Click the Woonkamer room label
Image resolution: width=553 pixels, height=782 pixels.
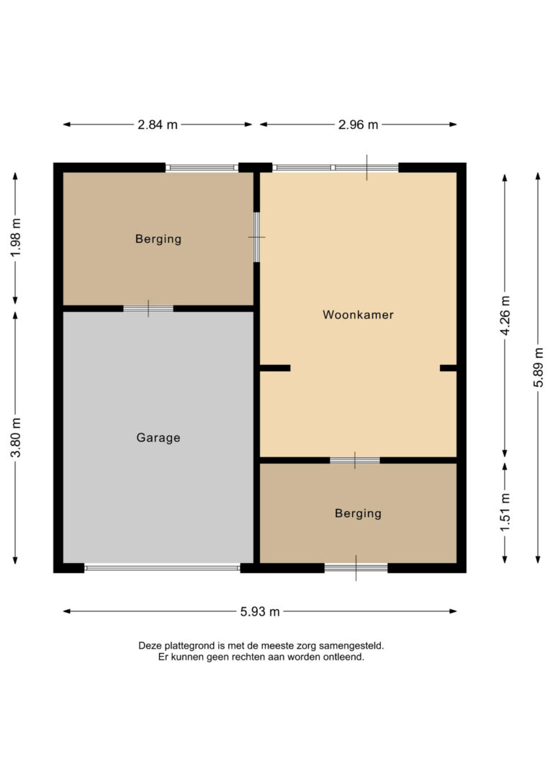(358, 315)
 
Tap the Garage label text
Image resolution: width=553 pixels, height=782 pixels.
(158, 438)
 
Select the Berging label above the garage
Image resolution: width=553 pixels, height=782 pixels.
(158, 239)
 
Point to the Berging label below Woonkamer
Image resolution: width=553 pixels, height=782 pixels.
(358, 513)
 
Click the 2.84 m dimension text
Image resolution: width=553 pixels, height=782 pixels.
(158, 125)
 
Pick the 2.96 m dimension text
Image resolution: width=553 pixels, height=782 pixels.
(358, 125)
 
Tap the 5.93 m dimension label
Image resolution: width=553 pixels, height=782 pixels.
(260, 611)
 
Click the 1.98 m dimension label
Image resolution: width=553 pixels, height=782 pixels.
(16, 238)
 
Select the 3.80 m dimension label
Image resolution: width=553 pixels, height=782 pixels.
(16, 437)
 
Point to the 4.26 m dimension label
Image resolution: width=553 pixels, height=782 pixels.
(505, 315)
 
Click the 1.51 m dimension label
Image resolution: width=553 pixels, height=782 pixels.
(505, 512)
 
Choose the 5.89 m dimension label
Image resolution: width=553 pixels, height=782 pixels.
(539, 367)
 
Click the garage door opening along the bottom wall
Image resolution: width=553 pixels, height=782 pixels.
(162, 567)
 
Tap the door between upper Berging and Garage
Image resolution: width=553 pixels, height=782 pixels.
(148, 309)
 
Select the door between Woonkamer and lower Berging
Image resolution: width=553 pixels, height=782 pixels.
(355, 460)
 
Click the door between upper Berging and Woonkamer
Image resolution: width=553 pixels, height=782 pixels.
(256, 238)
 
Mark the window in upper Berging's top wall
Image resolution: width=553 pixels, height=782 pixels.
(202, 168)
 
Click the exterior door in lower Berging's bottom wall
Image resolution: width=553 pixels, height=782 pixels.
(356, 567)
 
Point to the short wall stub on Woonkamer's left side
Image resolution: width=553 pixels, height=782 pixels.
(275, 368)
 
